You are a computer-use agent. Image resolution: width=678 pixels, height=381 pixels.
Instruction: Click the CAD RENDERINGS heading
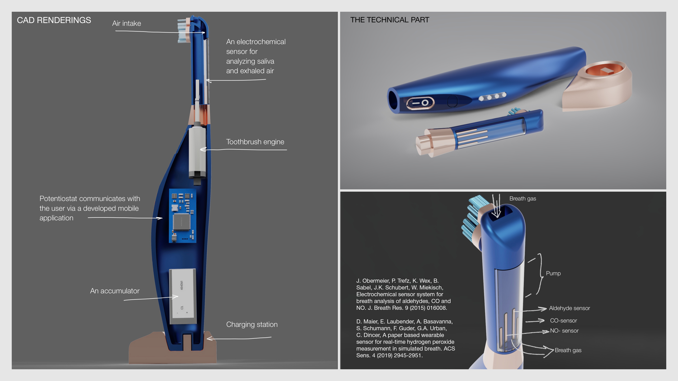pyautogui.click(x=54, y=20)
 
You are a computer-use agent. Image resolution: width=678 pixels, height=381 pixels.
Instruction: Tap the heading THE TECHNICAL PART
pyautogui.click(x=390, y=20)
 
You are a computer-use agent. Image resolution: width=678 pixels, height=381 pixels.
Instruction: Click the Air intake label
pyautogui.click(x=127, y=23)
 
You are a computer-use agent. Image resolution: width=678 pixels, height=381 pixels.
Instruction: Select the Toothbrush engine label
pyautogui.click(x=255, y=142)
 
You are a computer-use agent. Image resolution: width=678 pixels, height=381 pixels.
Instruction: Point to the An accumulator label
pyautogui.click(x=115, y=291)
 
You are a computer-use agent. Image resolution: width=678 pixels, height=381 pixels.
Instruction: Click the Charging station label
pyautogui.click(x=252, y=324)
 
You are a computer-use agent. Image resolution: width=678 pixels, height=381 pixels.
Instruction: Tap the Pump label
pyautogui.click(x=553, y=273)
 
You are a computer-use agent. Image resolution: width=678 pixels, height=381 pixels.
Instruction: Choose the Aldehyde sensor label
pyautogui.click(x=569, y=308)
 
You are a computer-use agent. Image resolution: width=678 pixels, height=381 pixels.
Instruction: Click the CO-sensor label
pyautogui.click(x=563, y=320)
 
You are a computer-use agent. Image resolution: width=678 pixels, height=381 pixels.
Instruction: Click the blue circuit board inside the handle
pyautogui.click(x=182, y=216)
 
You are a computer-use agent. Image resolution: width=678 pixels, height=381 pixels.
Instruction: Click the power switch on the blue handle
pyautogui.click(x=420, y=103)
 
